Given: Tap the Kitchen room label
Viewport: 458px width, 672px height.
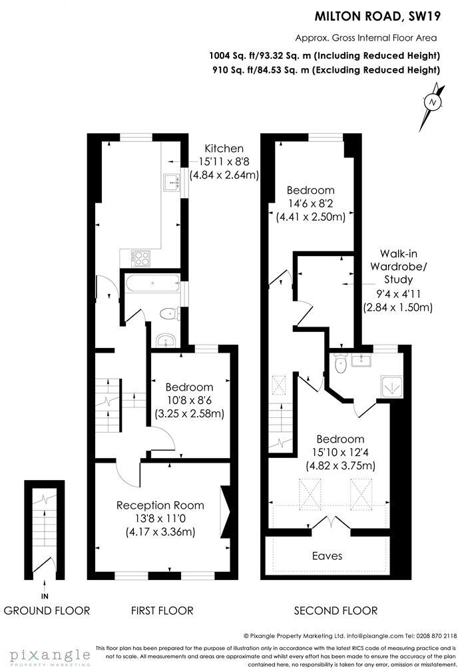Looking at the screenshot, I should (x=224, y=149).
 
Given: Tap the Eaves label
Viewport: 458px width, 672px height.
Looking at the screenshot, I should (x=327, y=555).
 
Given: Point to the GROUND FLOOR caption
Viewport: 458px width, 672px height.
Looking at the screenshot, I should (x=47, y=610).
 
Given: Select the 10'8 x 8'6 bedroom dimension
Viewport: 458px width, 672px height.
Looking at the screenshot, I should (x=189, y=401).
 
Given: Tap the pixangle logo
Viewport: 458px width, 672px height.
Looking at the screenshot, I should (x=45, y=655).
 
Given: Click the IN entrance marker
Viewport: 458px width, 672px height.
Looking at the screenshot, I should (x=45, y=595).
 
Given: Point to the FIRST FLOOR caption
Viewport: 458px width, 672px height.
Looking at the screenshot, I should (x=162, y=610).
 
